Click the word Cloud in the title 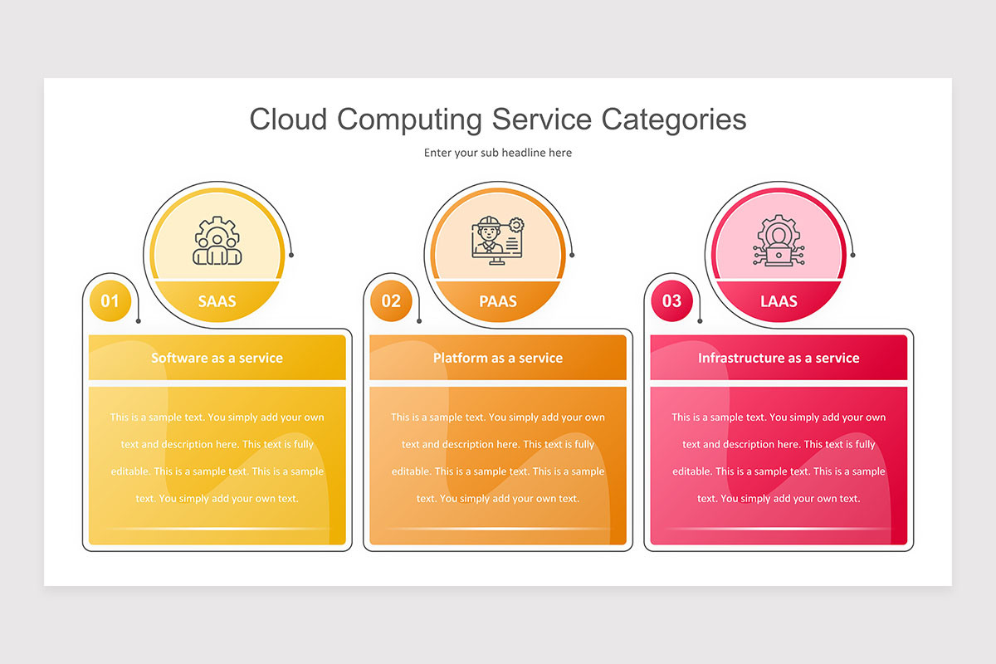click(288, 120)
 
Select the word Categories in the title click(674, 120)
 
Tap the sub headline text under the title click(497, 153)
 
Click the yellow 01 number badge click(110, 300)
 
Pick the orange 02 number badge click(391, 300)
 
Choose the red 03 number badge click(671, 300)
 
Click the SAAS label click(217, 301)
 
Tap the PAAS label click(497, 301)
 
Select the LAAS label click(779, 301)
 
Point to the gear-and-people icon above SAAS click(217, 241)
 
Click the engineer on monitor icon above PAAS click(497, 241)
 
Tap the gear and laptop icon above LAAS click(779, 241)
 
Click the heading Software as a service click(217, 358)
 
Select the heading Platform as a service click(497, 358)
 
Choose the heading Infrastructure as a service click(779, 358)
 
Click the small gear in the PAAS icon click(516, 225)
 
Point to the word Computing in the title click(409, 120)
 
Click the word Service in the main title click(541, 120)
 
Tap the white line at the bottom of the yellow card click(217, 529)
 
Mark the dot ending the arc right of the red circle click(853, 255)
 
